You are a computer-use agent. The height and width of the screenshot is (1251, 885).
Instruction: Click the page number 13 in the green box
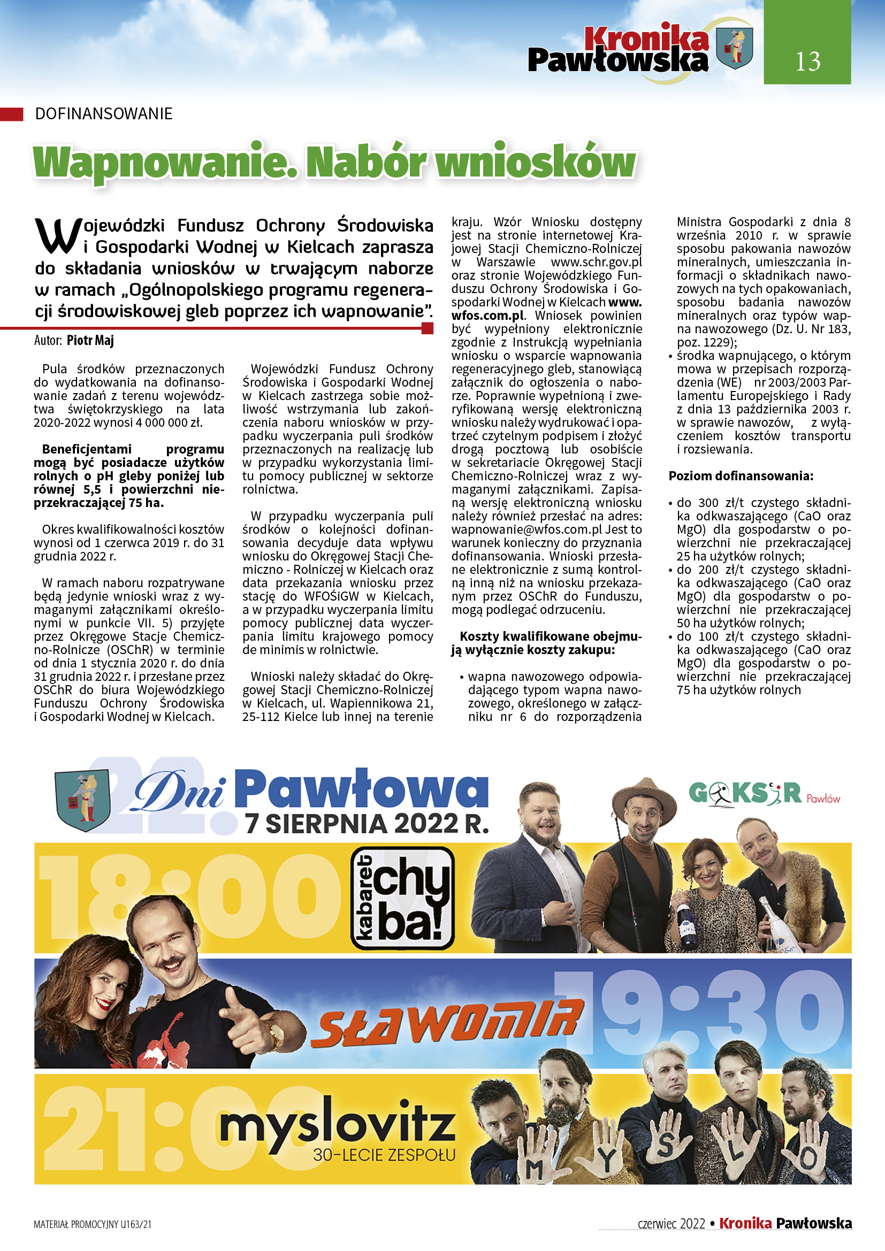point(807,61)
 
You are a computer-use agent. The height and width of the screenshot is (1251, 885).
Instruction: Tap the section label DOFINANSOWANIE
point(104,114)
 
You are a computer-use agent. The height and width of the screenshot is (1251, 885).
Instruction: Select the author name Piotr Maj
point(90,341)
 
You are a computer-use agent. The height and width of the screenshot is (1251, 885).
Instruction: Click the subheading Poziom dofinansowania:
point(741,475)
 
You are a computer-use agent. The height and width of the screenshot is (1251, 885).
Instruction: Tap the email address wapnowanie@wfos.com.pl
point(527,529)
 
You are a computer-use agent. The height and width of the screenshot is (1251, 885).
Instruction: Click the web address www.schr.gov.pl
point(596,262)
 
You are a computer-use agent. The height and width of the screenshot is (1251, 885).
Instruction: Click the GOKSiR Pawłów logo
point(764,794)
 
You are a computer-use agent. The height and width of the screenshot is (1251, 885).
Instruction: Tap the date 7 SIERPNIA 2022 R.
point(366,823)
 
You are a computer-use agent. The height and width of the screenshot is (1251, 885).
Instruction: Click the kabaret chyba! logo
point(402,898)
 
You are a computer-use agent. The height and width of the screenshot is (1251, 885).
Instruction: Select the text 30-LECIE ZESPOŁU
point(384,1155)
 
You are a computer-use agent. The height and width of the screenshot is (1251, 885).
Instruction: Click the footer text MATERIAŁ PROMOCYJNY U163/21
point(93,1224)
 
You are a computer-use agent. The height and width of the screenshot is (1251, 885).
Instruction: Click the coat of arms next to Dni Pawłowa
point(83,799)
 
